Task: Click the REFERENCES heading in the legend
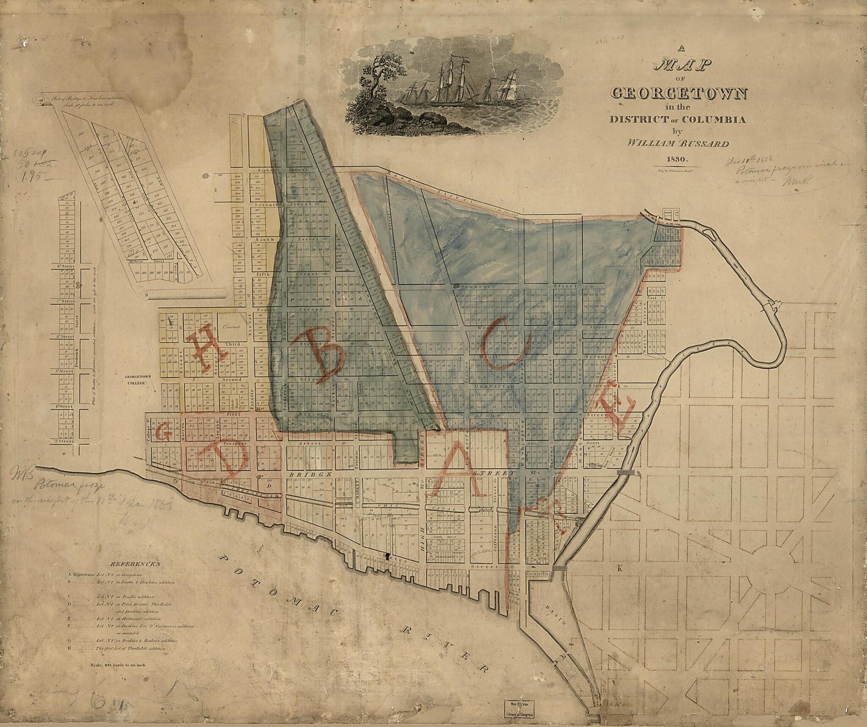pyautogui.click(x=135, y=564)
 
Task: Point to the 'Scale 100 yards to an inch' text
pyautogui.click(x=118, y=665)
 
